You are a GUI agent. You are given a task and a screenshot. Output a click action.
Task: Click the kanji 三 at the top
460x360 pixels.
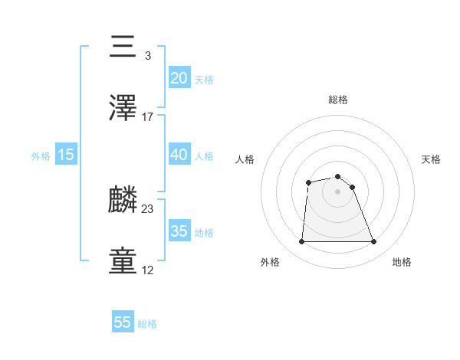click(x=123, y=47)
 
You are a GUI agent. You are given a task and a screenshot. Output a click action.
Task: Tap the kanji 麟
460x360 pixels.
click(x=123, y=200)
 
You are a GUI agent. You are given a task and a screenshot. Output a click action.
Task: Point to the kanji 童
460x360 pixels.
click(x=123, y=261)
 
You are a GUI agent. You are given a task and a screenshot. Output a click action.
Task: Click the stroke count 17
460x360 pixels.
click(x=148, y=117)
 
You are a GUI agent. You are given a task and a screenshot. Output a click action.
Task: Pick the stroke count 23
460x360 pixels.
click(x=148, y=209)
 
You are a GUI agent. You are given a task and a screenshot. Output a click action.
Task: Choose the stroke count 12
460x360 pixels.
click(x=148, y=270)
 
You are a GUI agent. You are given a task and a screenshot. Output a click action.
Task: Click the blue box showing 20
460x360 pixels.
click(x=179, y=77)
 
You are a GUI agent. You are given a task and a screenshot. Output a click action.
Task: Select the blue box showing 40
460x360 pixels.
click(x=179, y=154)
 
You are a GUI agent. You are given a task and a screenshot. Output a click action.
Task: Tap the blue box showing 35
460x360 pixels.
click(x=179, y=231)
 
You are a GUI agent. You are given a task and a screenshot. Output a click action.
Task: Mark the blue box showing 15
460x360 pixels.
click(x=66, y=154)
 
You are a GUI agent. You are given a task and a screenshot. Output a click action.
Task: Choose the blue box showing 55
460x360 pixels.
click(x=123, y=322)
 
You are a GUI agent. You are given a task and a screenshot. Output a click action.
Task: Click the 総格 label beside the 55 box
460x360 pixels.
click(x=147, y=324)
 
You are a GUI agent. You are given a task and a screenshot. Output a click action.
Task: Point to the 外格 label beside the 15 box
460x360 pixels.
click(x=41, y=156)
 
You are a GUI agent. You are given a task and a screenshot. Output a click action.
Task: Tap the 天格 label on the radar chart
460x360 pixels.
click(x=431, y=159)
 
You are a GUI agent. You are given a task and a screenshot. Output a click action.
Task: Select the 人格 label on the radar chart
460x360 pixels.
click(x=245, y=159)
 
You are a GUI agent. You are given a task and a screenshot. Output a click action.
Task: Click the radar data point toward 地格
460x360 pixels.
click(x=374, y=242)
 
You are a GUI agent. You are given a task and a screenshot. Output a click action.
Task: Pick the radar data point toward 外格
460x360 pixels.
click(x=301, y=242)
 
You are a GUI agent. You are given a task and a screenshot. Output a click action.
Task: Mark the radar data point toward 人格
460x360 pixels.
click(x=308, y=182)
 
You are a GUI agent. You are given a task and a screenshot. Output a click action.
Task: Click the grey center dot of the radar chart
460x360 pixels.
click(x=337, y=191)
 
